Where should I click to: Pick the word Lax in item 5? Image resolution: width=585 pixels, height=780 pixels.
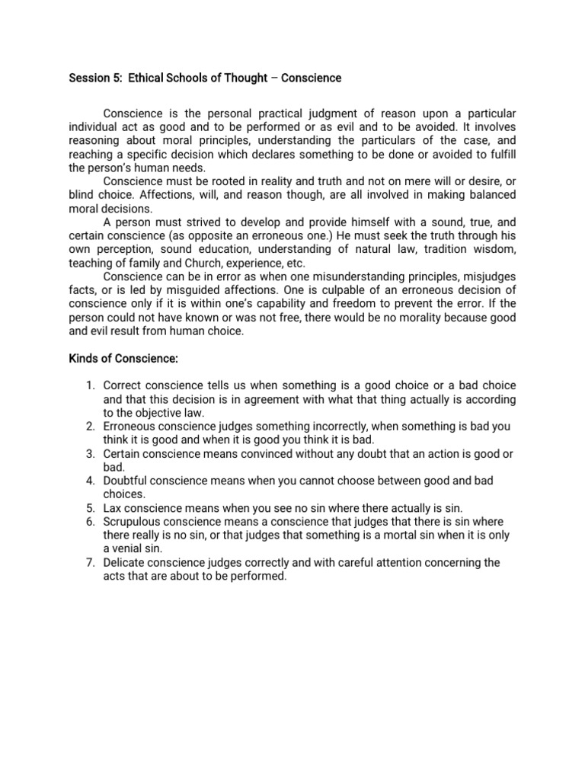(x=113, y=508)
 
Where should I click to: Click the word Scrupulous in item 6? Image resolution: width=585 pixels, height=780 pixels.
(x=133, y=522)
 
